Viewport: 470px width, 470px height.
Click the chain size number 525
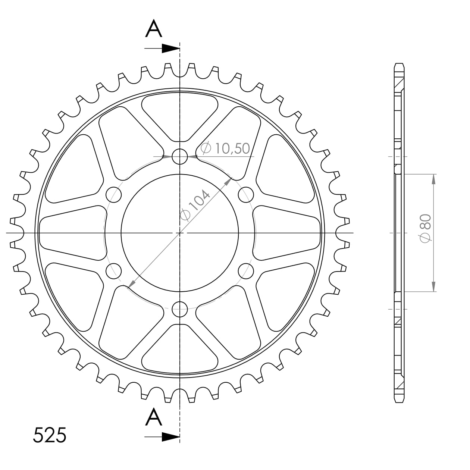pos(50,435)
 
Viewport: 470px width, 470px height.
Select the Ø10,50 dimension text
pos(225,148)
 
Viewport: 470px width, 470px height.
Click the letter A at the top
pos(154,29)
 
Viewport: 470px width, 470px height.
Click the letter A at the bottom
pos(154,417)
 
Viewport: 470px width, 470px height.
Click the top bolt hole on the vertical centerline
pos(180,157)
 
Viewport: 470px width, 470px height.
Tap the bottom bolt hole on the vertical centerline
pos(180,308)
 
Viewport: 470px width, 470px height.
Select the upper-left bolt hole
pos(114,194)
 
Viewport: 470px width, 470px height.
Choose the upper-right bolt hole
pos(245,194)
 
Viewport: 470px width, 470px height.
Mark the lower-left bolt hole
pos(114,271)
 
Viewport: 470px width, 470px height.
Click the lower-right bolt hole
pos(245,271)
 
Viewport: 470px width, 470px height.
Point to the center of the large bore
pos(180,233)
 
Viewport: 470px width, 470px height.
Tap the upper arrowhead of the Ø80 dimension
pos(433,179)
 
